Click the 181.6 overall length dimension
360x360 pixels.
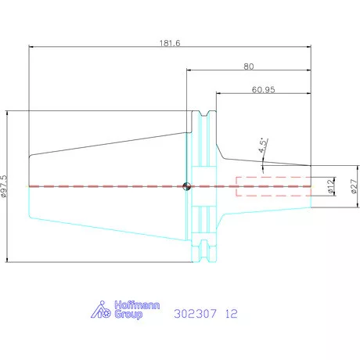coord(170,43)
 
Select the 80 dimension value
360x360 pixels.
coord(249,67)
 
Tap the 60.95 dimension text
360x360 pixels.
coord(263,90)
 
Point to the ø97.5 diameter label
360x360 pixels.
coord(5,186)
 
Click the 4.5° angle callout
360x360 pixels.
coord(263,146)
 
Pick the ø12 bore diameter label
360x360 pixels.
coord(331,186)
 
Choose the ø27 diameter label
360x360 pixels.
coord(354,186)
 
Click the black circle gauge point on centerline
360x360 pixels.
coord(186,186)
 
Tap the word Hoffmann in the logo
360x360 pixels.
coord(137,305)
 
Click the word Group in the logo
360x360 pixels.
coord(128,314)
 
